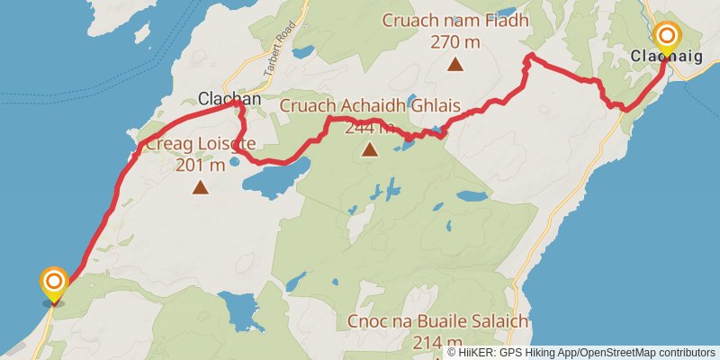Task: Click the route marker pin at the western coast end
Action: (x=54, y=284)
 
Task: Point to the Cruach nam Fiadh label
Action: (x=454, y=20)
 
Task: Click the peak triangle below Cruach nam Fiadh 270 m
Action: (x=455, y=64)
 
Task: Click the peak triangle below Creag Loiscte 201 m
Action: (x=200, y=187)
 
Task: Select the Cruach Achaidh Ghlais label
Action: (x=370, y=106)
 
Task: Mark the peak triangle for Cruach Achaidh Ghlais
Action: (x=370, y=149)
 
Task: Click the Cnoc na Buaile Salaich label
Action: (x=437, y=321)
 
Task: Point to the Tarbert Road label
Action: (x=275, y=59)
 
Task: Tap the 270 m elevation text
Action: (x=455, y=41)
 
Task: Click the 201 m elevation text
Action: (x=200, y=166)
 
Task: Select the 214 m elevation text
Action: (x=437, y=342)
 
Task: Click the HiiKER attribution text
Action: (x=484, y=352)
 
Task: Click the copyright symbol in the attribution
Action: (x=452, y=352)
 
